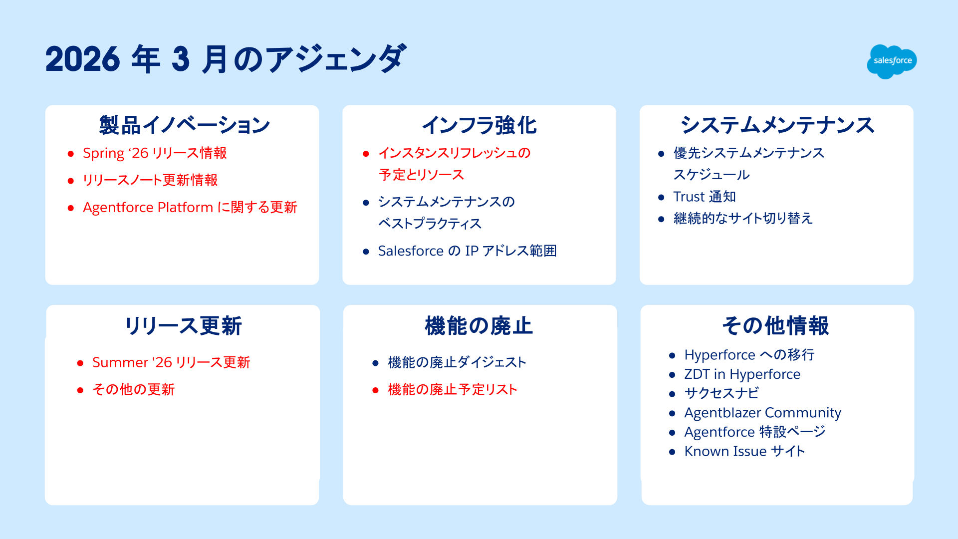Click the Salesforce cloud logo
click(892, 61)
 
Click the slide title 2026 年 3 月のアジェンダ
click(226, 59)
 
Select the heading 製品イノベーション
click(185, 125)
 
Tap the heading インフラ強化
click(479, 125)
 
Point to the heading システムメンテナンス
click(777, 125)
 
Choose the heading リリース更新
click(183, 326)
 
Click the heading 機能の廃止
click(479, 326)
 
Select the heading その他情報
click(776, 326)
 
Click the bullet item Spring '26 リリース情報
click(155, 153)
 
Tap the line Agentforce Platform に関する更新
click(190, 207)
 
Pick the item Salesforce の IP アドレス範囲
click(468, 251)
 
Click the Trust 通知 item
click(705, 197)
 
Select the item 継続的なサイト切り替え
click(743, 218)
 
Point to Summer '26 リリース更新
click(171, 362)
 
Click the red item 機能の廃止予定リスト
click(453, 389)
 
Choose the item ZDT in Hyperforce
click(742, 374)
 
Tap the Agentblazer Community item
click(763, 413)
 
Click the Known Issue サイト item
click(745, 451)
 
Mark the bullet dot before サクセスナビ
click(672, 394)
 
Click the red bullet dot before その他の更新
click(80, 390)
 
